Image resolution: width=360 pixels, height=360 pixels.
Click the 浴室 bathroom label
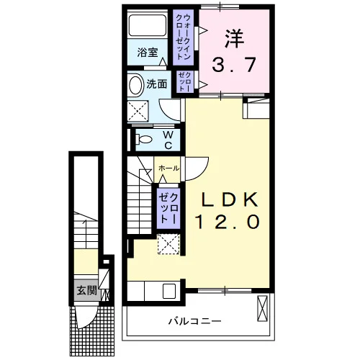148,53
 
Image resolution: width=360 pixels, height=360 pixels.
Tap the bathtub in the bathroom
148,25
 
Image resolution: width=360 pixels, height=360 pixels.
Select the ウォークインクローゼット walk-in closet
184,37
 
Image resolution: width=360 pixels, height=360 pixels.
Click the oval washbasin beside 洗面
135,85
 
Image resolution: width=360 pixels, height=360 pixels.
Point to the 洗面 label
157,84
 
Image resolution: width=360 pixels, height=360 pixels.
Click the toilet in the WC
143,139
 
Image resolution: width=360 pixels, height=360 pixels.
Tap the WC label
168,140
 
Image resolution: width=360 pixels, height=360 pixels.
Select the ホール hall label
168,168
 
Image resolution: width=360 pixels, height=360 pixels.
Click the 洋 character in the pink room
235,38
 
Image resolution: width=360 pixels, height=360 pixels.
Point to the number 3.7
233,65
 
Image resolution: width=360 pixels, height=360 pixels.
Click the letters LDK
230,199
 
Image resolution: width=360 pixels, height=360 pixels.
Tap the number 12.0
228,221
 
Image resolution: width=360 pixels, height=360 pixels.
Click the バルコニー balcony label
194,321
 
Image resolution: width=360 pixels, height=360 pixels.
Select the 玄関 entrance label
87,291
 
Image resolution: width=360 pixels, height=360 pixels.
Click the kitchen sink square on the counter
169,291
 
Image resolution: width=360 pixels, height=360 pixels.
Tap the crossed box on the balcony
262,308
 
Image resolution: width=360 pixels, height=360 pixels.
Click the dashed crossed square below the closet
168,244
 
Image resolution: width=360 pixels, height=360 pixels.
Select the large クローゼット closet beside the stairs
168,208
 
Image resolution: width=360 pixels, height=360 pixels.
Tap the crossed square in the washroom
138,112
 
